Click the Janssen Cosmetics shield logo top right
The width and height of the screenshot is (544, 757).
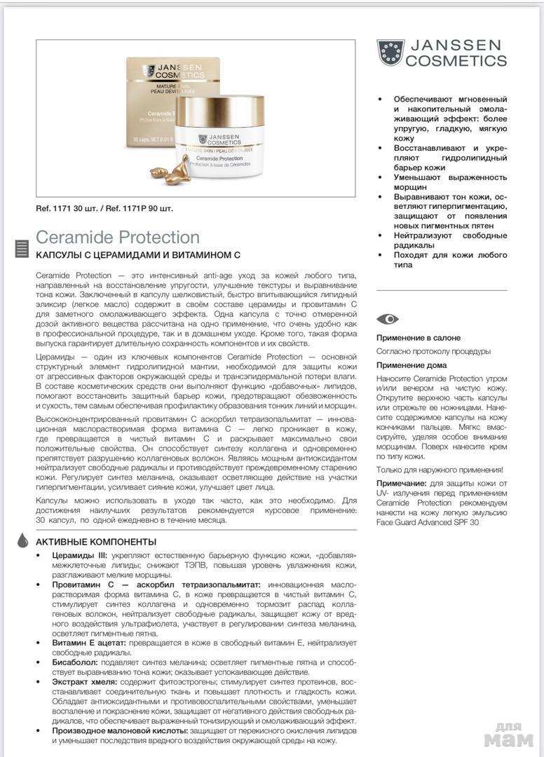click(x=390, y=53)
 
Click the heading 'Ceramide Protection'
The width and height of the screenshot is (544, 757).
click(x=118, y=237)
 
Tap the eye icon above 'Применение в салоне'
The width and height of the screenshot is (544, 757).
click(x=387, y=319)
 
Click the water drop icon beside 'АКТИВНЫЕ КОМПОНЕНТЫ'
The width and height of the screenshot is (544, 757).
click(x=23, y=540)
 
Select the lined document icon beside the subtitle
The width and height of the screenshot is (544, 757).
click(x=22, y=248)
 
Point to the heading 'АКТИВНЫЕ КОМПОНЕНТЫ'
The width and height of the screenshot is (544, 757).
click(x=96, y=542)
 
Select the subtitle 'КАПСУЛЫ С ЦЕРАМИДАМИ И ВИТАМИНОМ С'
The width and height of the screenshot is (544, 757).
click(x=138, y=254)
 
